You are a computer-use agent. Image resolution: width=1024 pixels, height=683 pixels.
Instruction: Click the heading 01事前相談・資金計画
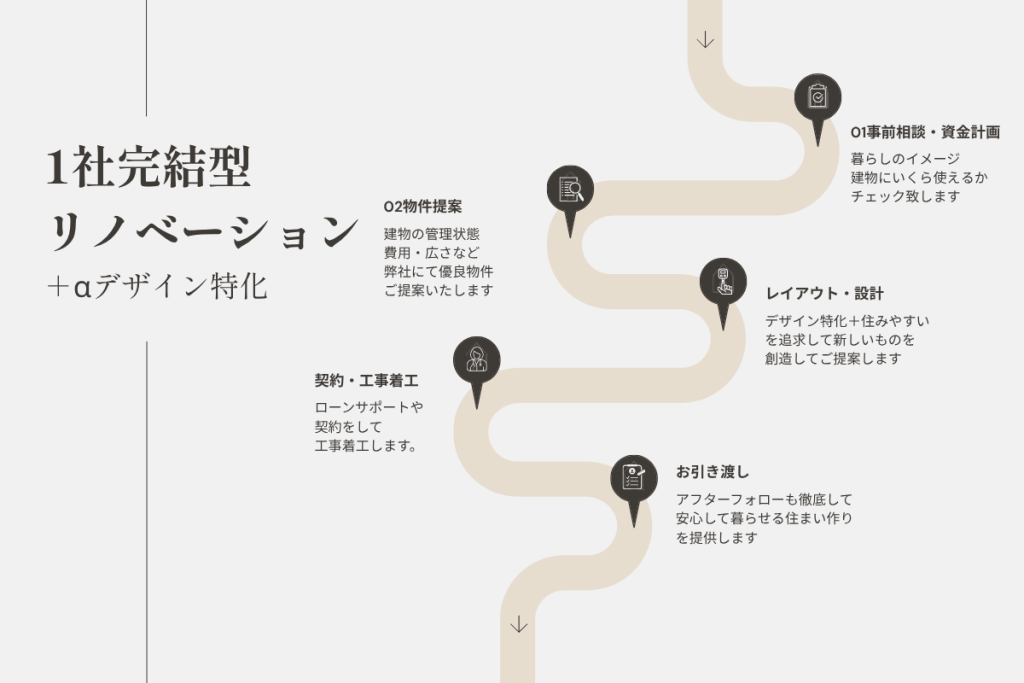click(925, 133)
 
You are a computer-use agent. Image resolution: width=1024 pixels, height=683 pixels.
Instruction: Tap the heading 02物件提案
click(423, 207)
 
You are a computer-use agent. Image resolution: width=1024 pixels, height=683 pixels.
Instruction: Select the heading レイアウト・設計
click(824, 294)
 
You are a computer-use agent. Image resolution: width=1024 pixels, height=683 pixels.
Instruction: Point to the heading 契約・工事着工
click(366, 381)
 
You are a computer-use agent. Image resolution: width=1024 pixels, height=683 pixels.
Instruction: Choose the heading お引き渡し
click(712, 472)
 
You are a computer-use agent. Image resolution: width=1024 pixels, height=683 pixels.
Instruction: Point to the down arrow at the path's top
click(705, 40)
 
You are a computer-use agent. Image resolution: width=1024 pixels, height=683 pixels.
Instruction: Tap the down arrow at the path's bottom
click(519, 624)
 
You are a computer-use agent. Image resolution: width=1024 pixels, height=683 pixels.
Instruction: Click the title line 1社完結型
click(149, 167)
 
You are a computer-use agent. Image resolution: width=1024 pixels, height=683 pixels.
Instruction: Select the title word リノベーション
click(203, 230)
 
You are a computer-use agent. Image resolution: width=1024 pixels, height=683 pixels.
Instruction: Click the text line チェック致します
click(905, 197)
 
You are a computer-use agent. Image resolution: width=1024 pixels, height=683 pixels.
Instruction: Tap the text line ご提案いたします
click(438, 291)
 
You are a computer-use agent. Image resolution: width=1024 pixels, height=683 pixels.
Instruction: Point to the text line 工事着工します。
click(366, 446)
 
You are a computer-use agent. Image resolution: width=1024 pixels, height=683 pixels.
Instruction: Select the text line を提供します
click(716, 538)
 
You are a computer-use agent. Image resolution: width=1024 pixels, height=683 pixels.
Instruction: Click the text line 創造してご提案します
click(833, 359)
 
